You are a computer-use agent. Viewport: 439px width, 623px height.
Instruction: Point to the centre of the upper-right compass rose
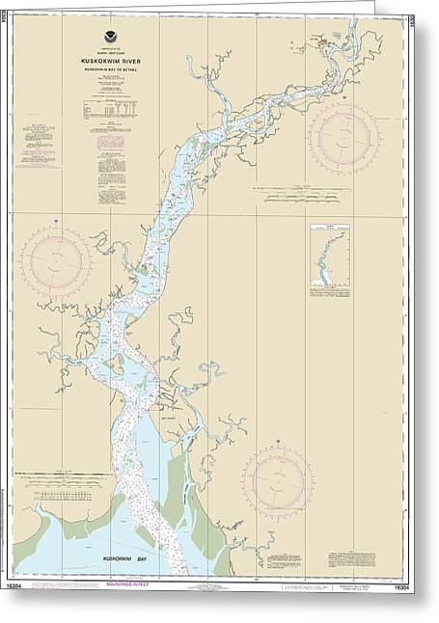coord(343,138)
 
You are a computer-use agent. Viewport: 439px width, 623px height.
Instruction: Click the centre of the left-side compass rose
coord(56,260)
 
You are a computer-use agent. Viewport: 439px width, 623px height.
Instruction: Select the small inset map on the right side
coord(329,257)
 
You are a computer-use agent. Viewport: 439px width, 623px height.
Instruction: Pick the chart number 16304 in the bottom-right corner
coord(398,584)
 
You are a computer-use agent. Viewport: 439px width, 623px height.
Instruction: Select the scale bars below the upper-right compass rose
coord(303,196)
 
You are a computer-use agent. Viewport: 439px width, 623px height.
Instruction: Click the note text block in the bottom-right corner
coord(351,559)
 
